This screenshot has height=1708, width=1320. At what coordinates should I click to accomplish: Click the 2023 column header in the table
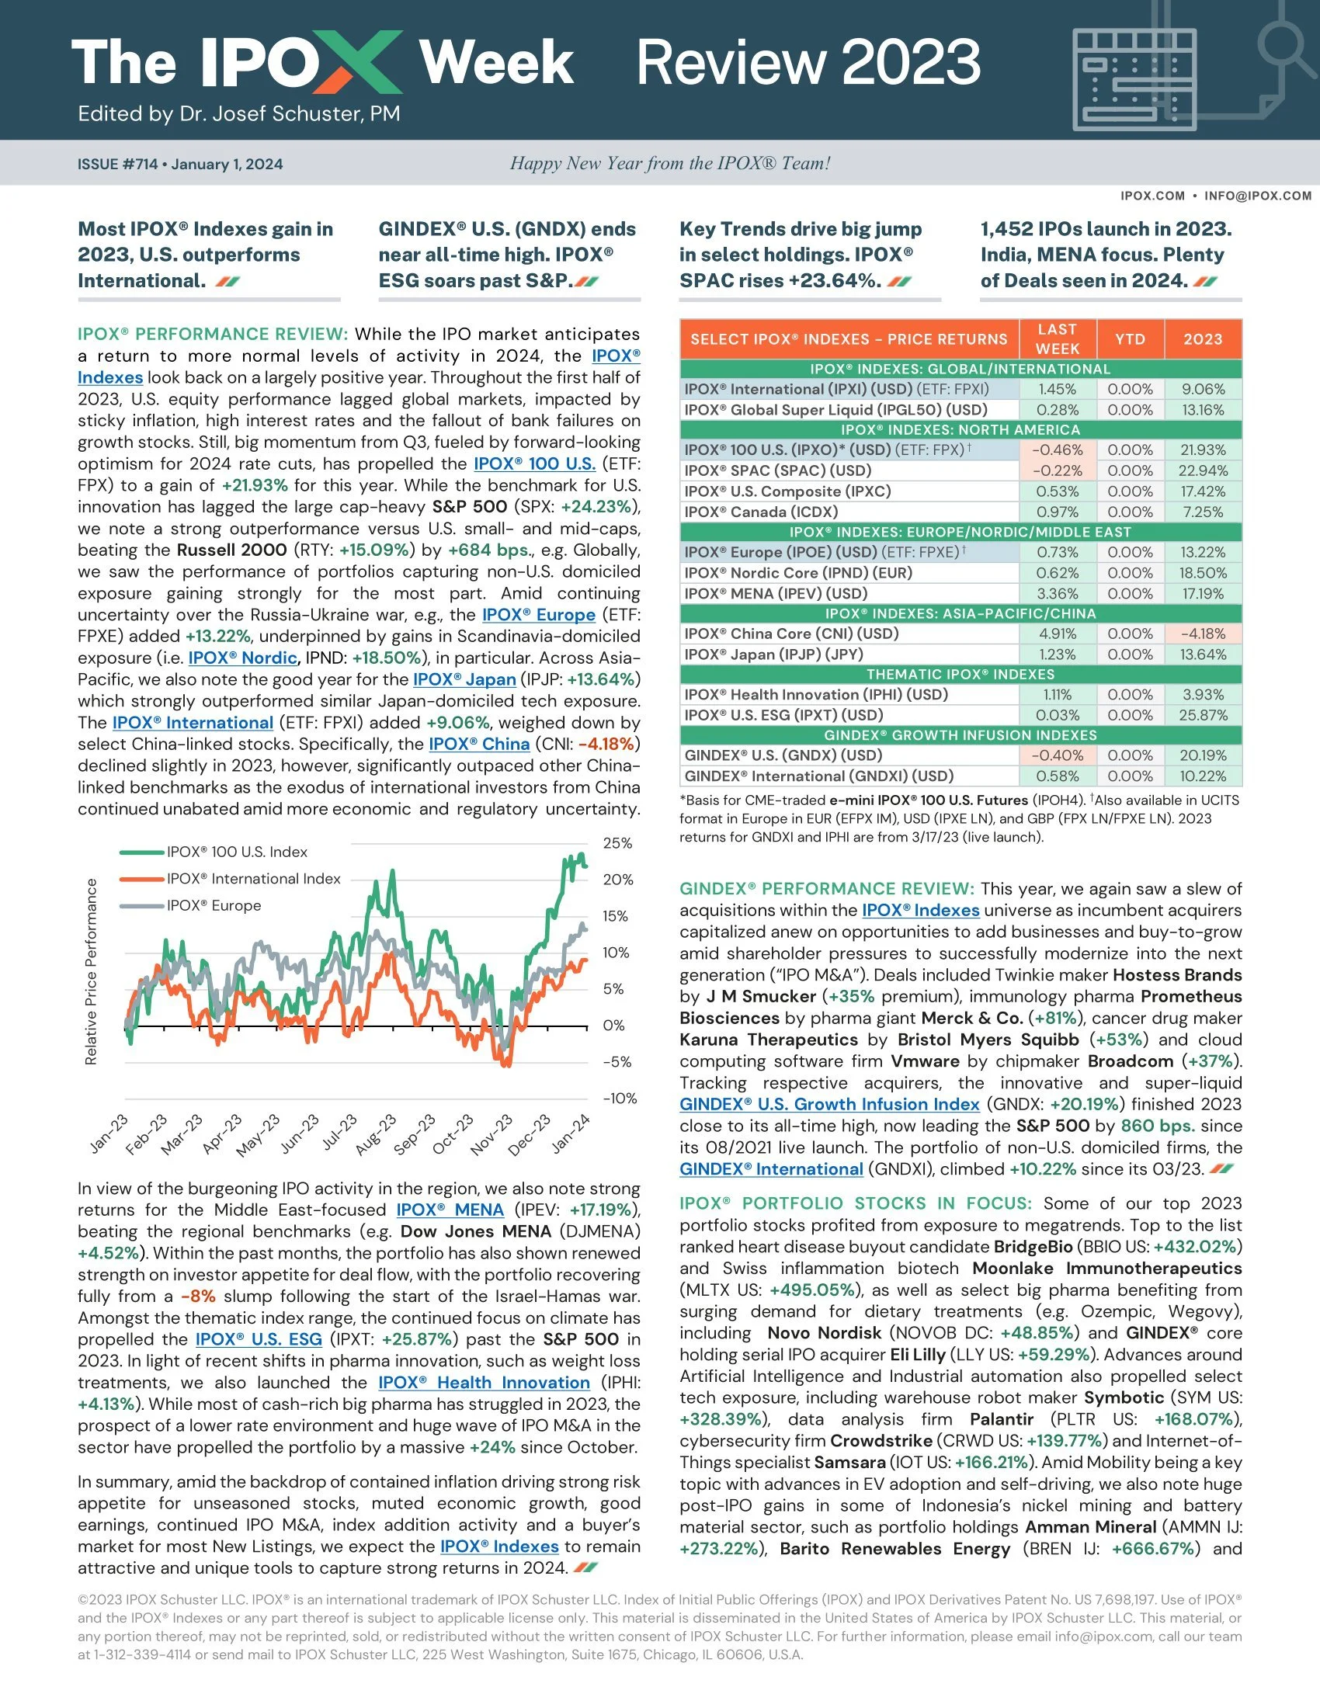click(x=1202, y=338)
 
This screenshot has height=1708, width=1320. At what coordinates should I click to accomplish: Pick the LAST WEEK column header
click(x=1058, y=338)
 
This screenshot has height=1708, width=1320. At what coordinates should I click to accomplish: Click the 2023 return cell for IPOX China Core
click(x=1203, y=634)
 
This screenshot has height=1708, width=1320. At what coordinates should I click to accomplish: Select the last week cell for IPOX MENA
click(x=1058, y=594)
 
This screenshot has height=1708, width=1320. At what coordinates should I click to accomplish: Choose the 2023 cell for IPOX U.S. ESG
click(x=1203, y=715)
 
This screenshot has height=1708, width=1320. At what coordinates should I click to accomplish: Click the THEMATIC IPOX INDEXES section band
click(x=960, y=674)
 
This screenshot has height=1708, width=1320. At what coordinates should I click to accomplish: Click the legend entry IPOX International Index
click(x=252, y=879)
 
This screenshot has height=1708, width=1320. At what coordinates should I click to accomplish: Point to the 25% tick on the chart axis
click(x=618, y=843)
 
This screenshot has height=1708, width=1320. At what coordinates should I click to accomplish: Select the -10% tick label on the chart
click(x=620, y=1098)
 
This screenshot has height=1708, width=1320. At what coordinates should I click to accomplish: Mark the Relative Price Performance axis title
click(x=91, y=971)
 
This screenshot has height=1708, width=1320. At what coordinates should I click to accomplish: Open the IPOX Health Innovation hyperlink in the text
click(x=483, y=1383)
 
